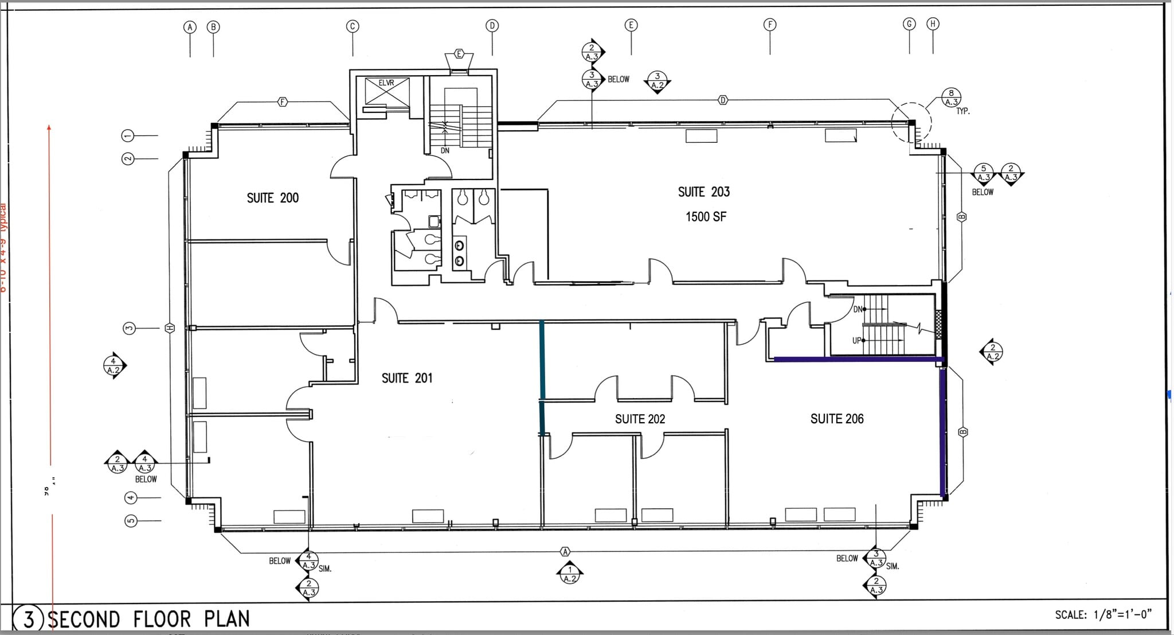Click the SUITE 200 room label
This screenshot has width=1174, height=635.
point(272,198)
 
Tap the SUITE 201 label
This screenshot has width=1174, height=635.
point(406,378)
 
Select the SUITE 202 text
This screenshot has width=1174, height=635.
point(640,419)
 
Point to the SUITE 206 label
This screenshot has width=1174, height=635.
point(836,419)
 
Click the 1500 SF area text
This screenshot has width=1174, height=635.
point(706,217)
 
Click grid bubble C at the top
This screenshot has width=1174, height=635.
point(353,26)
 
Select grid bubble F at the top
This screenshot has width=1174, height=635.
point(770,24)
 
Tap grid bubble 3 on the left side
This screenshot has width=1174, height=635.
point(129,328)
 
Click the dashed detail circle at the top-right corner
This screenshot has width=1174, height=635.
point(911,122)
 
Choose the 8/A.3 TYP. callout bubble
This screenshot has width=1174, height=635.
point(951,98)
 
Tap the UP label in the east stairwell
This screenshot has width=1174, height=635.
point(857,341)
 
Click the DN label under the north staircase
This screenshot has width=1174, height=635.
point(445,150)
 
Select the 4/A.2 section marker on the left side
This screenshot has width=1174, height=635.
point(114,365)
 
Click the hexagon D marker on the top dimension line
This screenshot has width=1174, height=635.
point(723,100)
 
